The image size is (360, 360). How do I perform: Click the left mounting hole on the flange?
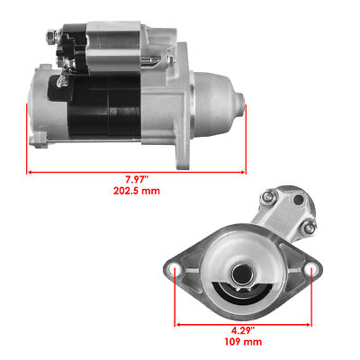(177, 269)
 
